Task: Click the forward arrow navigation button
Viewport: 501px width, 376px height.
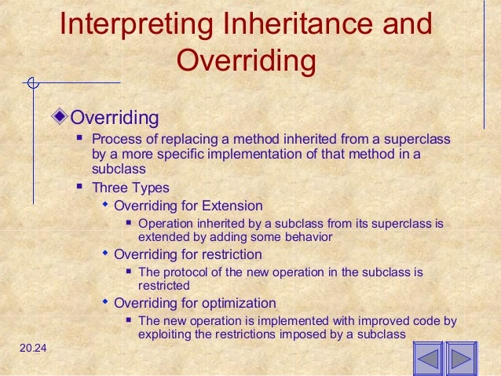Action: (461, 360)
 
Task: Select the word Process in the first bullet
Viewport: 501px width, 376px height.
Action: (115, 140)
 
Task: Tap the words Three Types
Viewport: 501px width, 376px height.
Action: (130, 188)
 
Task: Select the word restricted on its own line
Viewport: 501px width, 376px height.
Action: (163, 286)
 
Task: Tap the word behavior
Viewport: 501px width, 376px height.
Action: (306, 236)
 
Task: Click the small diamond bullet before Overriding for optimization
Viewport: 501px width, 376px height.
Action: (105, 301)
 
